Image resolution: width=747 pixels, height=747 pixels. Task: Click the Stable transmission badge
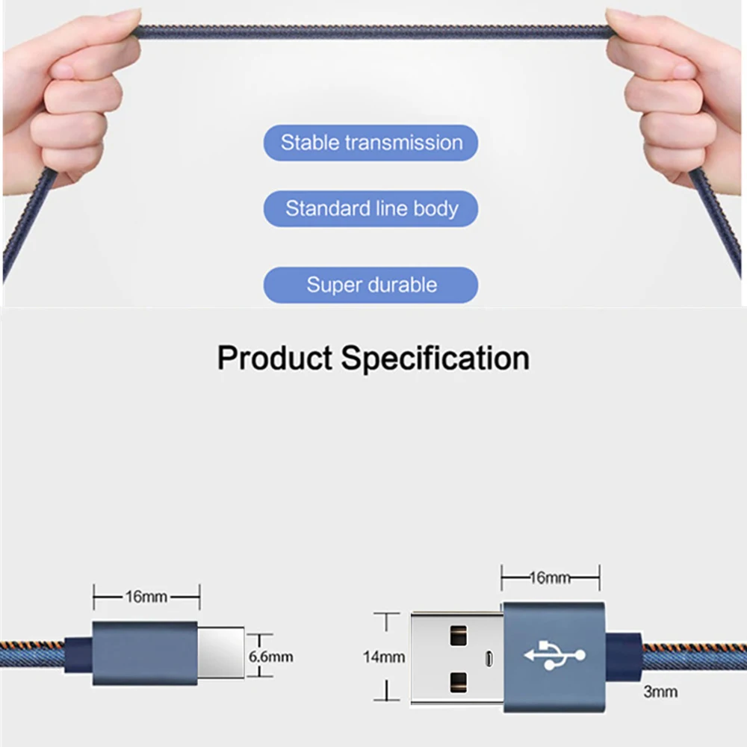(x=371, y=143)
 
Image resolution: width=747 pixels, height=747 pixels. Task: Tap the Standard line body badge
(x=371, y=208)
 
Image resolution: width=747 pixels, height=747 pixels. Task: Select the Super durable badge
(x=371, y=285)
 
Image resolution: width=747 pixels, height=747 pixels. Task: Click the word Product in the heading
(x=274, y=359)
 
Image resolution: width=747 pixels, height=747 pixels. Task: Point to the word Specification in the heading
(x=436, y=359)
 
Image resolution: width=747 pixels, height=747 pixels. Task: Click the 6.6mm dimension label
(x=270, y=657)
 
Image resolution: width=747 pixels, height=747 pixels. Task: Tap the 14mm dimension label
(x=384, y=657)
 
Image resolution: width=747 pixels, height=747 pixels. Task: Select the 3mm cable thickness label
(x=660, y=692)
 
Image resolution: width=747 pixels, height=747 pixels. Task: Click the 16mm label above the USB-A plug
(x=551, y=577)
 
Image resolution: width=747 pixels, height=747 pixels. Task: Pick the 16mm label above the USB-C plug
(x=146, y=597)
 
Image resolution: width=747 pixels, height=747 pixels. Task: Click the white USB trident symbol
(x=554, y=656)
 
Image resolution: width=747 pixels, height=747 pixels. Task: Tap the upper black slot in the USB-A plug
(x=458, y=636)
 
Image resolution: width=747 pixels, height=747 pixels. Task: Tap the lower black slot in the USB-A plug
(x=458, y=681)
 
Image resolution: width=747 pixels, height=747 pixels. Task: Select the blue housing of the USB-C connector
(x=145, y=653)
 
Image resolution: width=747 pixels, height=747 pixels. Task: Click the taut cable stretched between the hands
(x=373, y=32)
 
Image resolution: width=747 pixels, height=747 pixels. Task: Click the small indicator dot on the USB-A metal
(x=489, y=659)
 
